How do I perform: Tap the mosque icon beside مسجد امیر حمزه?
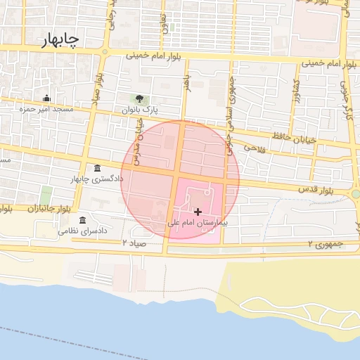click(x=47, y=98)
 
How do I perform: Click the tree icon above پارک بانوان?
click(x=139, y=99)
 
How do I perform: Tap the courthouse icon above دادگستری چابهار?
click(x=96, y=168)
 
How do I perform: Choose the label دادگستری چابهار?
click(x=96, y=179)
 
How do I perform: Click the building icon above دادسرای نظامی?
click(x=83, y=220)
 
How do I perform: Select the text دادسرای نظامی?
click(x=82, y=231)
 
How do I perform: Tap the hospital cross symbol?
click(x=198, y=211)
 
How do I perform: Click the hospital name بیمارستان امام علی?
click(x=200, y=222)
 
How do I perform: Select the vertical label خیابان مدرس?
click(x=139, y=134)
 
